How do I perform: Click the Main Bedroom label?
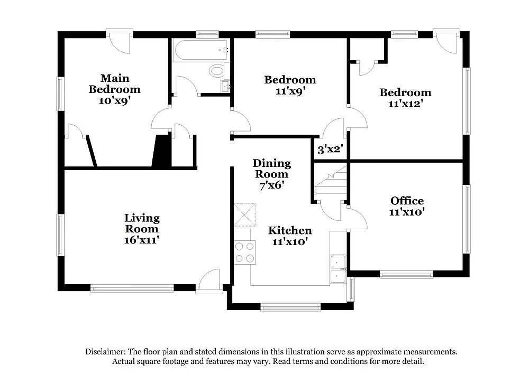coord(114,84)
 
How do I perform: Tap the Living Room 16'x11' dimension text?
coord(142,240)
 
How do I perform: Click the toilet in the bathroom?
coord(217,70)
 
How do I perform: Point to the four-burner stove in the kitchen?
coord(244,251)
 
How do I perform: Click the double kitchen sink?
coord(338,269)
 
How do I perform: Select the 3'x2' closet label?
coord(331,149)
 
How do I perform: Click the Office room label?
coord(407,201)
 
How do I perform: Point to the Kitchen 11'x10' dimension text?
coord(290,242)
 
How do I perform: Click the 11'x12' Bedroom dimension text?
coord(405,104)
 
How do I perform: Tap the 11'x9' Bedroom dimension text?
coord(290,91)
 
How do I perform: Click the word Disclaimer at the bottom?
coord(104,351)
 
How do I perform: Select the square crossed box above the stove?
coord(244,215)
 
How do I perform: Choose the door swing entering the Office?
coord(357,218)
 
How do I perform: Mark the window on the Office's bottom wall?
coord(406,274)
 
